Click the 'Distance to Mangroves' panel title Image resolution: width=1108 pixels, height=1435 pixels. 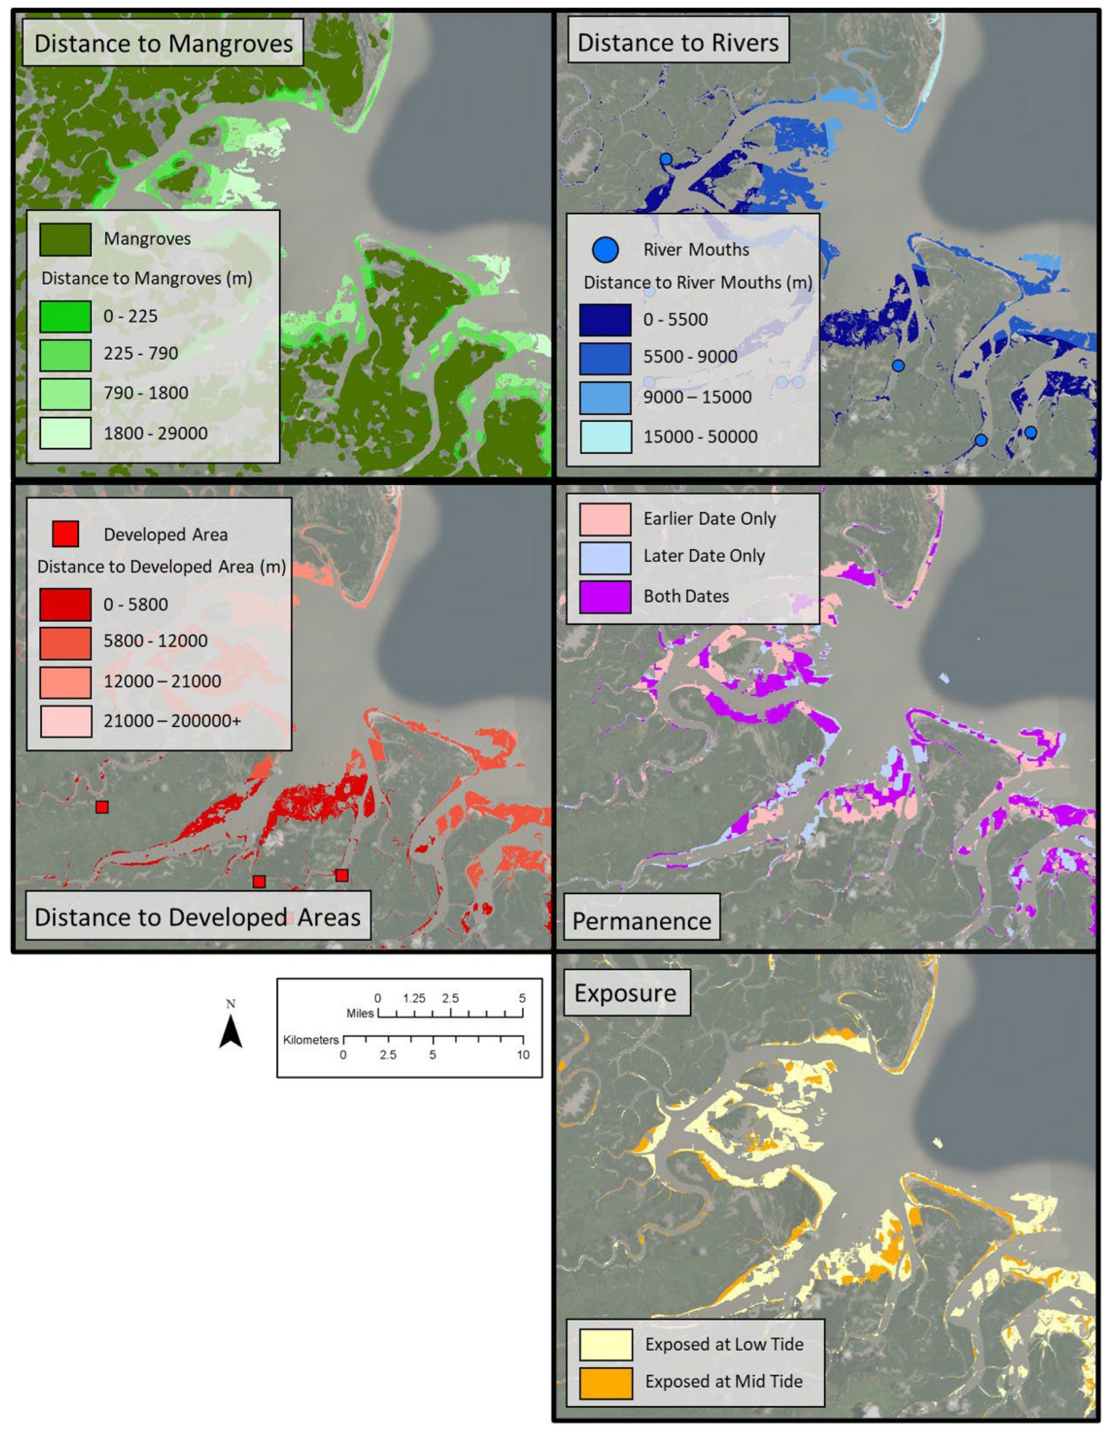[163, 44]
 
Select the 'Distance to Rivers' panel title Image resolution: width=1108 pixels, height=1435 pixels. [677, 43]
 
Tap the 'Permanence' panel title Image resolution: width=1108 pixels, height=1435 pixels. [641, 920]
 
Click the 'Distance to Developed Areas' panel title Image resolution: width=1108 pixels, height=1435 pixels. [197, 916]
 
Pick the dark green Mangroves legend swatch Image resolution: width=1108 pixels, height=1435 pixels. [65, 239]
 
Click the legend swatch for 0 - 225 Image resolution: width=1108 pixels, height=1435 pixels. [65, 316]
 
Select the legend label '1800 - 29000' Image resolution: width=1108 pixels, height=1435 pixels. [155, 433]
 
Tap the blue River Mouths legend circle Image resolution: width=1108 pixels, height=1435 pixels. [605, 250]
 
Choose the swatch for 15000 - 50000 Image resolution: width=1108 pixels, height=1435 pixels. [605, 437]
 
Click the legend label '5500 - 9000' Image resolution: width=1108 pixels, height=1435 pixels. [690, 357]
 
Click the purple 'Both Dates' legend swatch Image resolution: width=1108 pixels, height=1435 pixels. [605, 597]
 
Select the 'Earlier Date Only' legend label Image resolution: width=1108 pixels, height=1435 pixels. [710, 519]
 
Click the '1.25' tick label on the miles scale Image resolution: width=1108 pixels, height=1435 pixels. [414, 999]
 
